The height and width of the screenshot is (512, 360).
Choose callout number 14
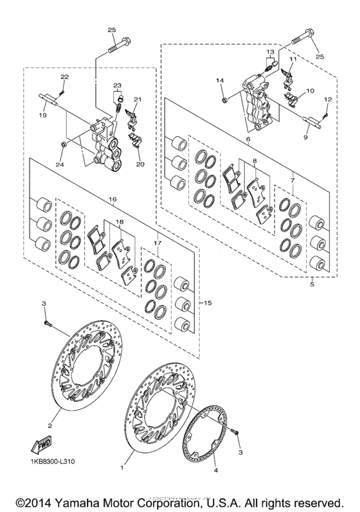(x=220, y=80)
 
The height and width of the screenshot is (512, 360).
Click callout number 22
(x=64, y=77)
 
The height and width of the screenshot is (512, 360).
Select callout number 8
(x=255, y=162)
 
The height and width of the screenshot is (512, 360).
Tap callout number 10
(x=310, y=91)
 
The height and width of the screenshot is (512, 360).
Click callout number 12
(x=327, y=99)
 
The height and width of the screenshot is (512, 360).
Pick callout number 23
(x=117, y=85)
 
